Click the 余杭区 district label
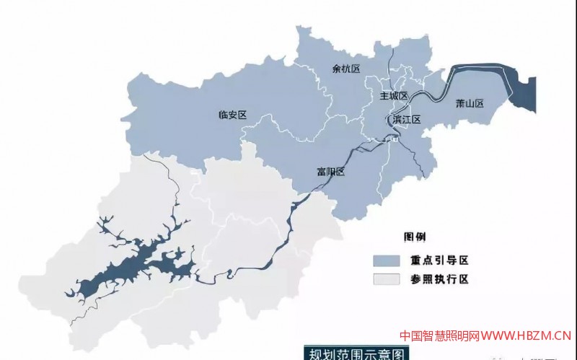click(x=345, y=69)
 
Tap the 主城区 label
click(x=394, y=96)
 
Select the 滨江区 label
click(x=406, y=119)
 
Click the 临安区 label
click(x=232, y=115)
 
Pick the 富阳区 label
click(x=331, y=172)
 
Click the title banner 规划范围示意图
click(x=355, y=353)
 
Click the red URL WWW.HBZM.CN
click(x=527, y=335)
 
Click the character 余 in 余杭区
click(x=336, y=69)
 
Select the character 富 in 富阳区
click(x=322, y=172)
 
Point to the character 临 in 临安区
click(x=223, y=115)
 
